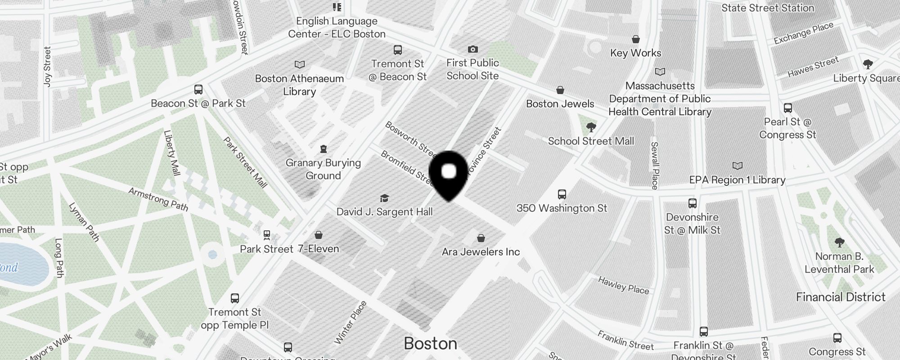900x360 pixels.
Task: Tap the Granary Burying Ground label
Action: tap(323, 169)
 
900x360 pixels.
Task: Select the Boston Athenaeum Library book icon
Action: tap(299, 65)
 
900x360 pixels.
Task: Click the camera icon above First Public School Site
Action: tap(472, 49)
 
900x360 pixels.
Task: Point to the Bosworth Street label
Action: tap(410, 137)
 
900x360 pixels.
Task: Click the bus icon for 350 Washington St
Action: tap(562, 194)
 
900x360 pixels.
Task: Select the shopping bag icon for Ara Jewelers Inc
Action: tap(481, 238)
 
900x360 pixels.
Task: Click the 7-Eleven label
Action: tap(318, 249)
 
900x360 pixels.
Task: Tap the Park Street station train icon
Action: tap(267, 235)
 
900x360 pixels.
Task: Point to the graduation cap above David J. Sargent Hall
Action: tap(384, 198)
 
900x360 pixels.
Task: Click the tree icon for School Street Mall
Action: tap(591, 127)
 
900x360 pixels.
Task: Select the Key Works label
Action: tap(635, 53)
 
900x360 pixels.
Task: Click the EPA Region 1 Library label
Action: tap(737, 180)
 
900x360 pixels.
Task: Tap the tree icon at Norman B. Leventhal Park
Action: tap(839, 243)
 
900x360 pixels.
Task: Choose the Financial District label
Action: tap(841, 297)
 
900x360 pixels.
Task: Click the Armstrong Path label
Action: tap(158, 199)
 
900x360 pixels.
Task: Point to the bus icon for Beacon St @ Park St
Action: tap(198, 90)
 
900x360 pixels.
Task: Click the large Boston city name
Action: tap(430, 343)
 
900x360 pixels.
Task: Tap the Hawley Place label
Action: tap(623, 285)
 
